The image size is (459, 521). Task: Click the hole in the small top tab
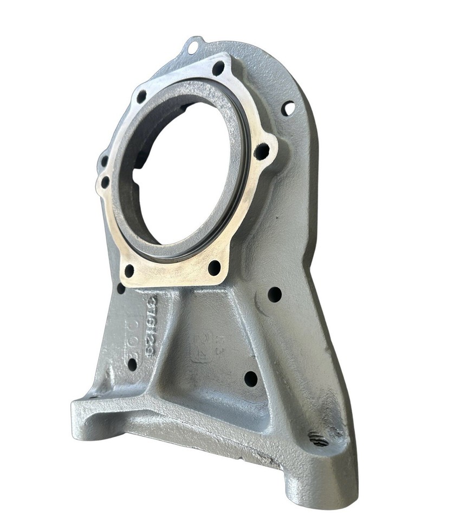pos(192,48)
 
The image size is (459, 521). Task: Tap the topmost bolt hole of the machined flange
pos(218,68)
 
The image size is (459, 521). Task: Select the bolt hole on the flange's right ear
pos(261,151)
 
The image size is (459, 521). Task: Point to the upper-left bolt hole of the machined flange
pos(141,97)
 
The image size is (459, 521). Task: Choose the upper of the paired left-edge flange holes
pos(104,161)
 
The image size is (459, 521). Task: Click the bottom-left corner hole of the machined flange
pos(129,270)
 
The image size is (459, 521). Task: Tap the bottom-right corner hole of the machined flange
pos(215,267)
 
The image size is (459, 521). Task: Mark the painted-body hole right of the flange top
pos(288,109)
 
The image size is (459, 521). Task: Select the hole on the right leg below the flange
pos(275,295)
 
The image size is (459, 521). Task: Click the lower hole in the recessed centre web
pos(250,378)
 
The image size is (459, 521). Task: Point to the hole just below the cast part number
pos(132,364)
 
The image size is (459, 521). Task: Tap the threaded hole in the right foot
pos(319,439)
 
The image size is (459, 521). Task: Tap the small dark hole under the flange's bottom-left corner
pos(121,289)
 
